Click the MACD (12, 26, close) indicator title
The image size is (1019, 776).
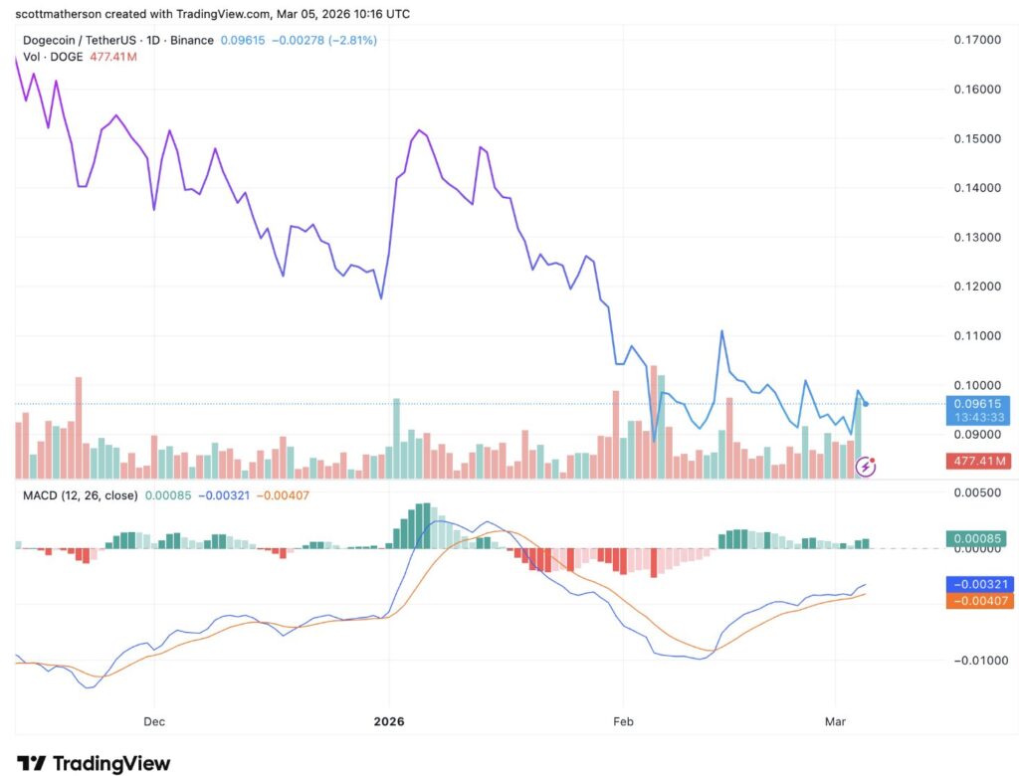[x=80, y=494]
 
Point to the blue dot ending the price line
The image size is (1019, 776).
[x=866, y=404]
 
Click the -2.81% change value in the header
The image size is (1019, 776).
[x=354, y=40]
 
